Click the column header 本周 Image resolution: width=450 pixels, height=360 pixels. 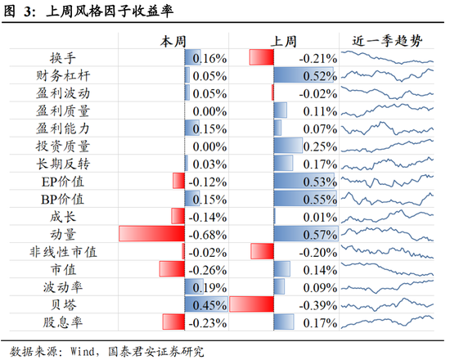pyautogui.click(x=173, y=41)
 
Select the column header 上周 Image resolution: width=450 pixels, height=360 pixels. pyautogui.click(x=283, y=41)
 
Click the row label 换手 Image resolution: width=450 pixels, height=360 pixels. pyautogui.click(x=73, y=59)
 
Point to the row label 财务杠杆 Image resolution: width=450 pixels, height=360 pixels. pyautogui.click(x=73, y=76)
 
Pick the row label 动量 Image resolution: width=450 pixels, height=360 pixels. pyautogui.click(x=73, y=234)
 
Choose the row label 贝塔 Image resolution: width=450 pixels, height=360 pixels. pyautogui.click(x=73, y=304)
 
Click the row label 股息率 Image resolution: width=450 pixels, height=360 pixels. pyautogui.click(x=73, y=322)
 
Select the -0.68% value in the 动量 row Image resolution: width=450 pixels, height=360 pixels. pyautogui.click(x=207, y=234)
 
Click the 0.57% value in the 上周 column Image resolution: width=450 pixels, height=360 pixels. pyautogui.click(x=318, y=234)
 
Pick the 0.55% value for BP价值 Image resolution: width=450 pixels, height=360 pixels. pyautogui.click(x=318, y=199)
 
